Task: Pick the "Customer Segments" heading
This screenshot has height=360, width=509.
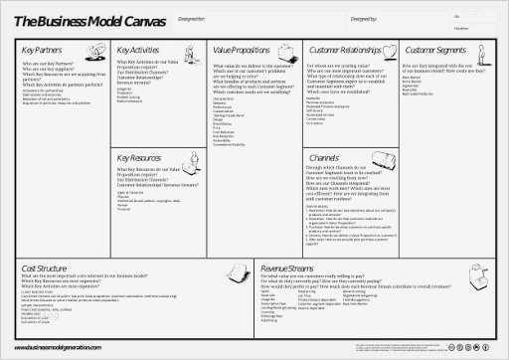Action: (436, 49)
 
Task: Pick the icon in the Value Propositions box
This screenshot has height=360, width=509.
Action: (288, 49)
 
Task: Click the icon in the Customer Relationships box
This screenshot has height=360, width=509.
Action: (385, 49)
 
